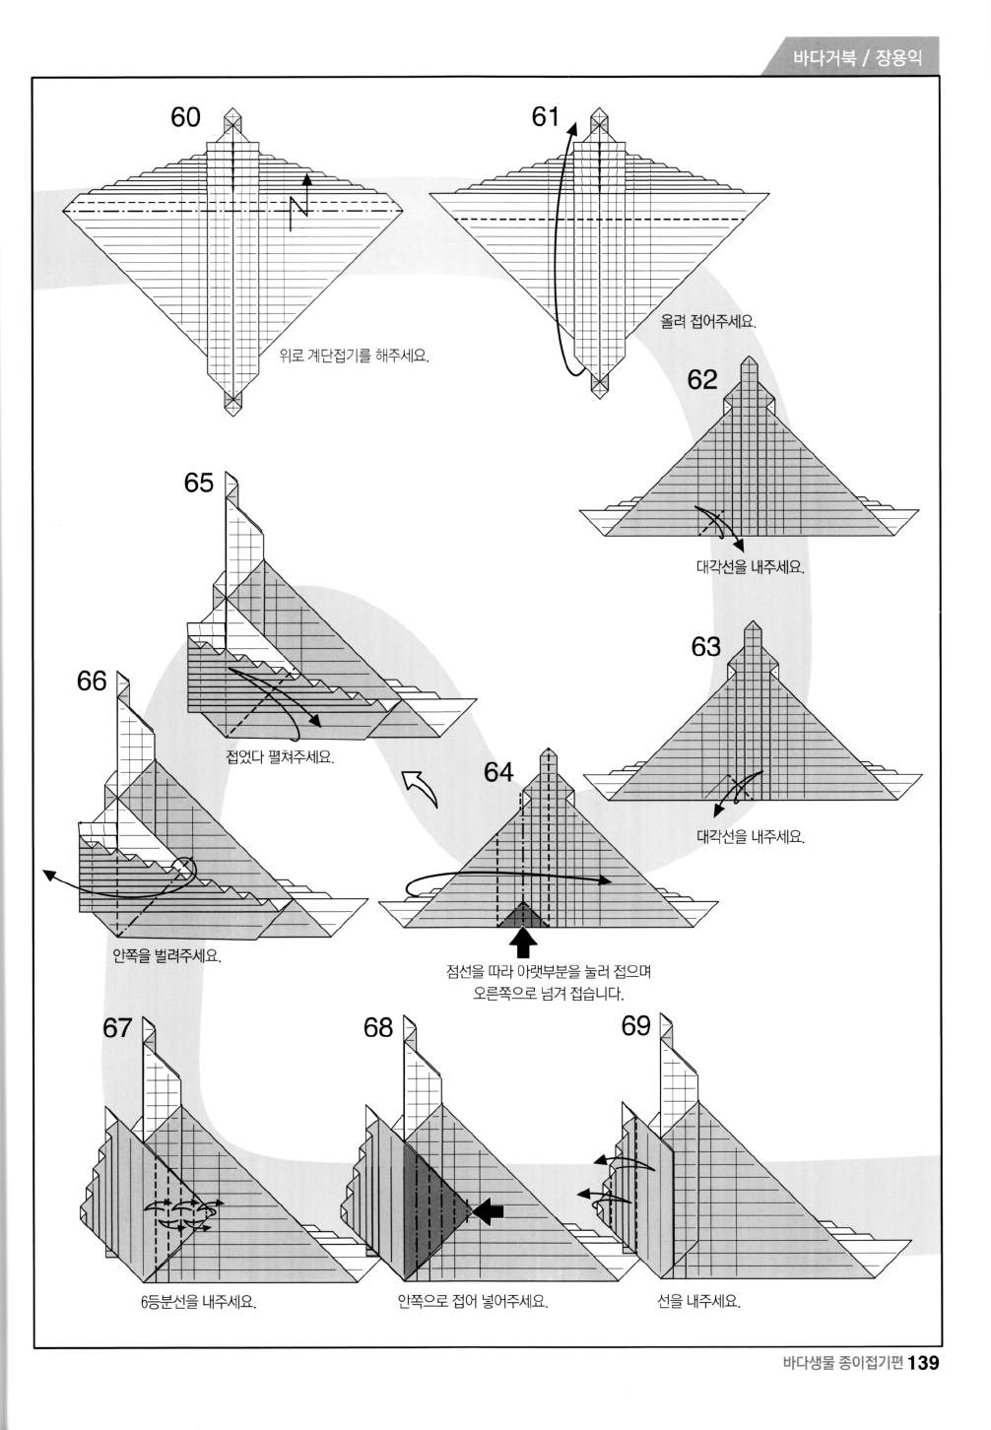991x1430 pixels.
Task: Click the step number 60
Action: pos(185,117)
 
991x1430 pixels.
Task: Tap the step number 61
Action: pos(545,117)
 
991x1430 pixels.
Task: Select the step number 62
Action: pos(702,380)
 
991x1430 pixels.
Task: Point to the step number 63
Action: pos(705,647)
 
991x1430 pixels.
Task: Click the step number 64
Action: pos(498,772)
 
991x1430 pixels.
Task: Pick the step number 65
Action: pos(199,483)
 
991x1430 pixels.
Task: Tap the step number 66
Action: pos(92,682)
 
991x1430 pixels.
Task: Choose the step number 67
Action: pos(117,1028)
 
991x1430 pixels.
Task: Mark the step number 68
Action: pos(378,1028)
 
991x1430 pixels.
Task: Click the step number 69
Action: pos(636,1026)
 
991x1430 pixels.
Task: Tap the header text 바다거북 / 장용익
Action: pos(857,59)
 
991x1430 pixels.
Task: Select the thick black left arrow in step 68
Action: pos(489,1211)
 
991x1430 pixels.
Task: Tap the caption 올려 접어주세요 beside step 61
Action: pos(708,322)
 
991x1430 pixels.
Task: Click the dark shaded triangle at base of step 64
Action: pos(523,916)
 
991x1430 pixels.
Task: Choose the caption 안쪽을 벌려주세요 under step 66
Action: pos(166,955)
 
